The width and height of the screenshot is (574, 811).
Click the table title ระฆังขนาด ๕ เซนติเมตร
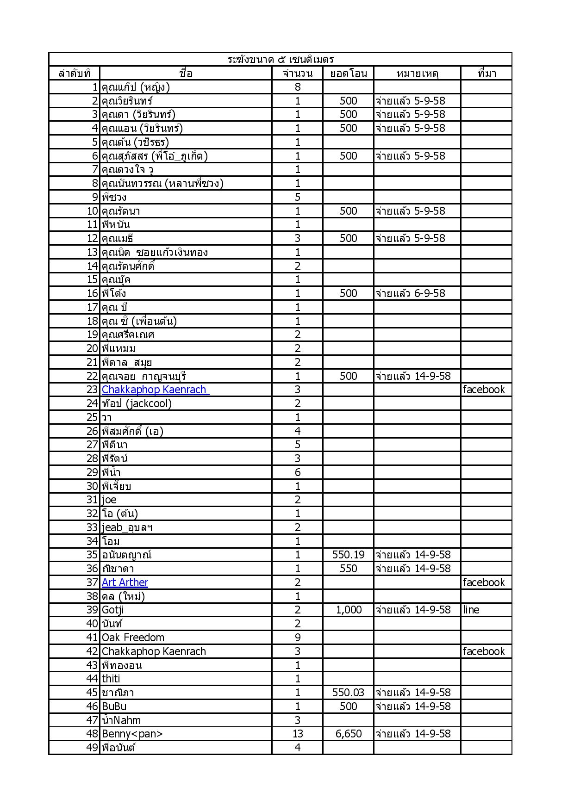tap(281, 59)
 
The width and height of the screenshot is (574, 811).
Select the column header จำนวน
tap(297, 73)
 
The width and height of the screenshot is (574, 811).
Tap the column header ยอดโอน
tap(348, 73)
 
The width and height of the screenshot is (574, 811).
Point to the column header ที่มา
tap(487, 73)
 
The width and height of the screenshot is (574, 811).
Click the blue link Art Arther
tap(125, 582)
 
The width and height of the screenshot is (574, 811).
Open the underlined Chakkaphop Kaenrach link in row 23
tap(155, 390)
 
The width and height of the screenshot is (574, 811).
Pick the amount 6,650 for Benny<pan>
tap(348, 734)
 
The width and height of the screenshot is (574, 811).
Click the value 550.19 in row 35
tap(348, 555)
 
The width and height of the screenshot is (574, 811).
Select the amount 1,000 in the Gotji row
tap(348, 610)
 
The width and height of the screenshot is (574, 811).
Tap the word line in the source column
tap(471, 610)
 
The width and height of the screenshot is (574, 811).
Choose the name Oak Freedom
tap(133, 638)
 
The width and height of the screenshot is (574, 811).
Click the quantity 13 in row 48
tap(297, 734)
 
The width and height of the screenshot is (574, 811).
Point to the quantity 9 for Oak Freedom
tap(297, 638)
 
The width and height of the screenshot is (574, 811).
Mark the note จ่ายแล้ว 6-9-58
tap(410, 293)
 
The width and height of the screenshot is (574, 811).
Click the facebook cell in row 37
tap(484, 582)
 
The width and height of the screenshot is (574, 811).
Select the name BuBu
tap(114, 706)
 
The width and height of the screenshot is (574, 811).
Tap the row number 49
tap(92, 748)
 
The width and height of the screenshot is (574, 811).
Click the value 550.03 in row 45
tap(348, 693)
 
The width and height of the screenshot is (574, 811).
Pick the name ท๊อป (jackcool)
tap(137, 403)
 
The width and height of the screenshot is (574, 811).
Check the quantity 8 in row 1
tap(297, 87)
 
